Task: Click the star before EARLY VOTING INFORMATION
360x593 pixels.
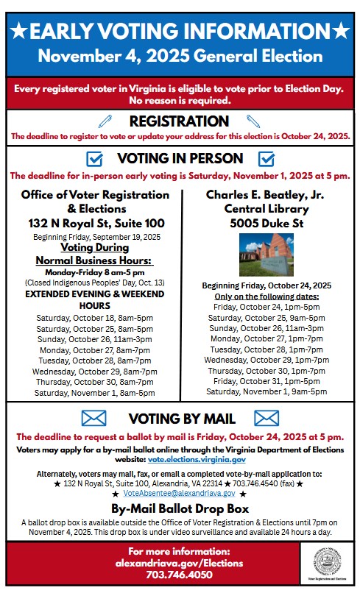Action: (19, 31)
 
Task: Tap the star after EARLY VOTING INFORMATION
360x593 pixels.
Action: (340, 31)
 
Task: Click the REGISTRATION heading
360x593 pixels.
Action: (179, 121)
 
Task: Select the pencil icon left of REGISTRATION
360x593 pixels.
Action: (105, 121)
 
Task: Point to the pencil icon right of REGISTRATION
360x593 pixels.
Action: (253, 121)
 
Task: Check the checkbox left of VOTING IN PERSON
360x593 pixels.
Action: (94, 158)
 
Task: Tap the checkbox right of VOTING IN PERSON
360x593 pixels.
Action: (267, 158)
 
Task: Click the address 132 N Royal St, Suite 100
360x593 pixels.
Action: (95, 223)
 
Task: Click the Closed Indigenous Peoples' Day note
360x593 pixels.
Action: (94, 282)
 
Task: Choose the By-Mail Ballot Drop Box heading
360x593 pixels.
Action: (180, 509)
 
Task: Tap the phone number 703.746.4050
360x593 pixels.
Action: (179, 575)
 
